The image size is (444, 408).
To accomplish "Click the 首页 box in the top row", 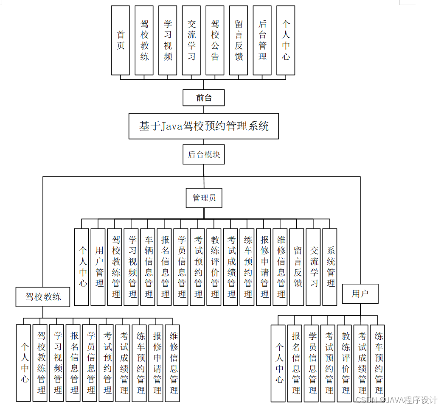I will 121,40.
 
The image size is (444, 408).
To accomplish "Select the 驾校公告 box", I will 215,40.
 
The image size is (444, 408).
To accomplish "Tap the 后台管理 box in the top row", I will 262,40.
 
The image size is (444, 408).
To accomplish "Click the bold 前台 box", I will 204,98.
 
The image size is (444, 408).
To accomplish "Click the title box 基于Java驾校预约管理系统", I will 204,126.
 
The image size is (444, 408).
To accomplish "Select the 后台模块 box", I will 204,155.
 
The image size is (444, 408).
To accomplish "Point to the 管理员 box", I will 204,198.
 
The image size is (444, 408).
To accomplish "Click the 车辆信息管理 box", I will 149,267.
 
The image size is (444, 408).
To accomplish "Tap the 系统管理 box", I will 330,267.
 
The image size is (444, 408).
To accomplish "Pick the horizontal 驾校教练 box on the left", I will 43,296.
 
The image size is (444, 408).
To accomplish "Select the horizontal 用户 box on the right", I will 360,293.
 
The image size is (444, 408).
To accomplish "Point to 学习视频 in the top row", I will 168,40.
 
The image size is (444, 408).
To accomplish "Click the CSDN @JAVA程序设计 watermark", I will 396,400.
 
